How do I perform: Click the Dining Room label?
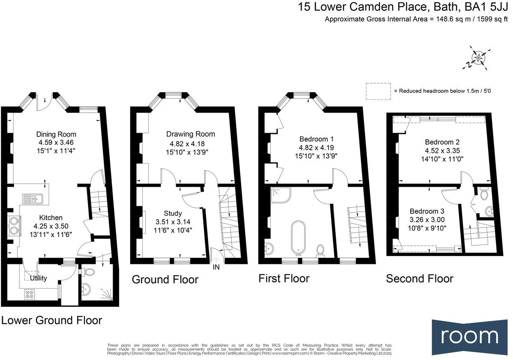click(x=56, y=134)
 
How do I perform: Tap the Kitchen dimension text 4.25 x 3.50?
click(x=51, y=226)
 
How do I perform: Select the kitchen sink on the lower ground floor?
click(x=33, y=199)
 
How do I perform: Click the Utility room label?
click(x=38, y=278)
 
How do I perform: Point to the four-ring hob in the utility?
click(x=30, y=294)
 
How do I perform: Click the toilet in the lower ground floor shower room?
click(x=89, y=272)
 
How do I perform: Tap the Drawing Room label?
click(x=191, y=134)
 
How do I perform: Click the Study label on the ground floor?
click(x=173, y=213)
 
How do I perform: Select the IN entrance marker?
click(x=216, y=267)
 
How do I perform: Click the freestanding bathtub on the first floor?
click(x=298, y=238)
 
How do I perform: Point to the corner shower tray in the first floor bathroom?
click(x=281, y=195)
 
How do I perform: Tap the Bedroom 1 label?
click(x=317, y=139)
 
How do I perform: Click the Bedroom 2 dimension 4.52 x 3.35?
click(x=442, y=151)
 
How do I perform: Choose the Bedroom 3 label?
click(x=427, y=211)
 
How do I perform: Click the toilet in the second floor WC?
click(x=484, y=194)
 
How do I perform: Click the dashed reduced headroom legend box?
click(x=378, y=91)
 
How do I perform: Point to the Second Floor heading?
click(x=420, y=278)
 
